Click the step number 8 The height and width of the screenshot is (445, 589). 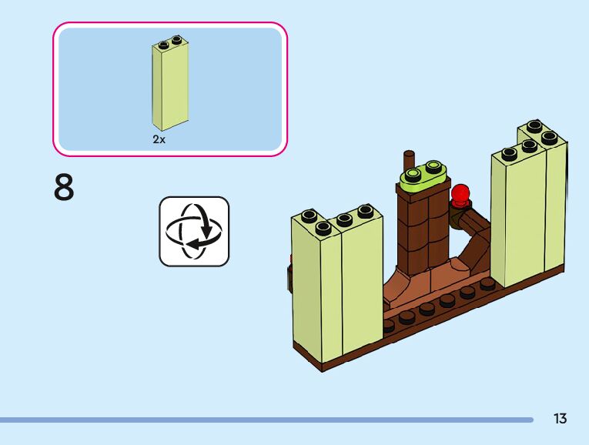point(65,187)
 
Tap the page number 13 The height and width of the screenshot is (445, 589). point(560,419)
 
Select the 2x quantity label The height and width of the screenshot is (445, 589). point(159,139)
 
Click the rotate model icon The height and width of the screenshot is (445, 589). point(194,231)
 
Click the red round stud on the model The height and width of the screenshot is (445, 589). point(461,194)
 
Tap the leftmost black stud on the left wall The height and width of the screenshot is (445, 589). point(310,216)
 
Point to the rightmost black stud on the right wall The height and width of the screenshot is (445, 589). point(549,137)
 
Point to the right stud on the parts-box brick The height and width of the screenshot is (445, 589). point(177,39)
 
